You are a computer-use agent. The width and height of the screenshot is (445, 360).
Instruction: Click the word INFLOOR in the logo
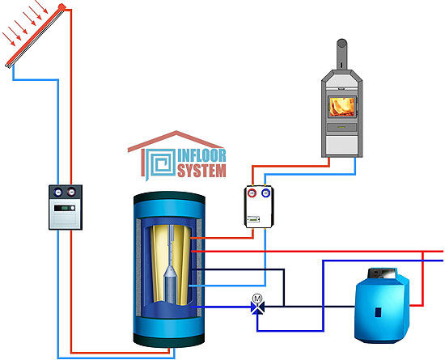(201, 155)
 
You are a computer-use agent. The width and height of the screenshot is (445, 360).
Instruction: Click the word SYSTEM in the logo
(201, 170)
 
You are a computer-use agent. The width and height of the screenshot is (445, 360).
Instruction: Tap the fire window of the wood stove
(342, 107)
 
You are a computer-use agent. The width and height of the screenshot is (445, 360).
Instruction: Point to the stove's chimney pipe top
(341, 43)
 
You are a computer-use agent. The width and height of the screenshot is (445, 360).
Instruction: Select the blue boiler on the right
(382, 305)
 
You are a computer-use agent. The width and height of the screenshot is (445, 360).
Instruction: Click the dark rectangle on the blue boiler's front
(379, 312)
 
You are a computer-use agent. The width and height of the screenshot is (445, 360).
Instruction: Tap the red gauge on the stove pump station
(252, 193)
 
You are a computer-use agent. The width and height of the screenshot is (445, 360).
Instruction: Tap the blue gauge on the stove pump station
(266, 193)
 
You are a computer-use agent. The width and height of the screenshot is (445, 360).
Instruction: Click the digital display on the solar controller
(65, 208)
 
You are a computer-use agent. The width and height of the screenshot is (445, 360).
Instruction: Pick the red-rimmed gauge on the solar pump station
(71, 192)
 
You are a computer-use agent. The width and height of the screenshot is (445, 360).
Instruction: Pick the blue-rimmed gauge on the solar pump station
(58, 192)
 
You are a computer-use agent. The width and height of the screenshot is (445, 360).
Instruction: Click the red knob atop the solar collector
(61, 6)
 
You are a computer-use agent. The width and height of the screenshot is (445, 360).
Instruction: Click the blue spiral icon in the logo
(160, 163)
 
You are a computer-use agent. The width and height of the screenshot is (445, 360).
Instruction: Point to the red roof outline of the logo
(176, 141)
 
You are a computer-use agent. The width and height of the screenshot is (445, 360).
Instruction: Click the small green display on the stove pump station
(253, 219)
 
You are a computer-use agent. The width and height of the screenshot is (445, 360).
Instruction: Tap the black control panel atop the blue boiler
(381, 273)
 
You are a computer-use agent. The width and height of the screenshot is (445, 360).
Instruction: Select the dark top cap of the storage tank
(169, 197)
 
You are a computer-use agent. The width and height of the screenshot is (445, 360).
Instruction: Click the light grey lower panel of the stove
(342, 145)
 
